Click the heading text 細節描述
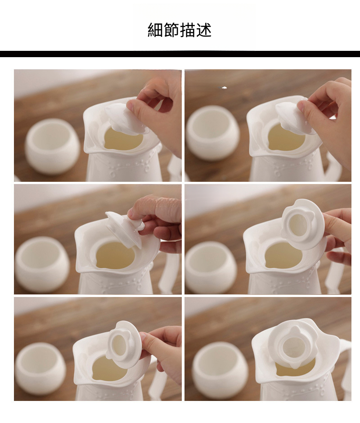coord(180,30)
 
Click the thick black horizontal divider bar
coord(180,54)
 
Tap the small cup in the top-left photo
coord(53,146)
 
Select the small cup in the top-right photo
coord(213,133)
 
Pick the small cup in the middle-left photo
coord(42,264)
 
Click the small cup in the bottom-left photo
coord(40,369)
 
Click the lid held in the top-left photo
coord(127,119)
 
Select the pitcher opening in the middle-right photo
coord(283,255)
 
